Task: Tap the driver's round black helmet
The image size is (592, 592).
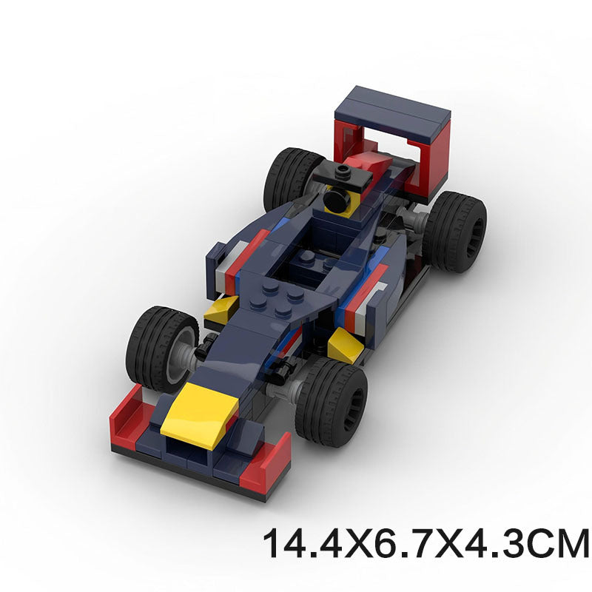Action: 337,198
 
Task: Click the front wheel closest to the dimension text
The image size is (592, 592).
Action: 332,402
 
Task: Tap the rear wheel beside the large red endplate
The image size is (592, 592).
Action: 454,231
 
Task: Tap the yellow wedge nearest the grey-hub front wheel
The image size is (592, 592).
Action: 220,312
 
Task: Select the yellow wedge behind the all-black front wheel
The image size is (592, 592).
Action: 343,345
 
